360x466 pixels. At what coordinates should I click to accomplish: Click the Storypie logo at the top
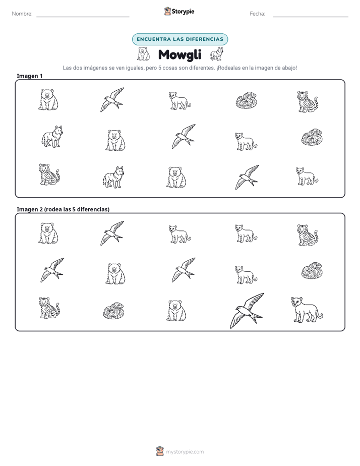179,11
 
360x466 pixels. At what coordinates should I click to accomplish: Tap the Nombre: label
22,14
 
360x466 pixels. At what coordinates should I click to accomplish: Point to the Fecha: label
257,14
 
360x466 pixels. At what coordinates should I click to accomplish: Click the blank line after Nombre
83,17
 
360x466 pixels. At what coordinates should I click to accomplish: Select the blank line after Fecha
311,17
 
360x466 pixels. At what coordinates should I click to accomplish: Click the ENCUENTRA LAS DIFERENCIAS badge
180,39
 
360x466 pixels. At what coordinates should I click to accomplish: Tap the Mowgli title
179,54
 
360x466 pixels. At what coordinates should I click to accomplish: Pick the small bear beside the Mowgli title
144,54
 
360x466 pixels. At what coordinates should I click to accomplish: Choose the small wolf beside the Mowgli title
216,54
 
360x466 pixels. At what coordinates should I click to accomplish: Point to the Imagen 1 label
30,76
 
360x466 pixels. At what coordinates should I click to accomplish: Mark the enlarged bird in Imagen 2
247,311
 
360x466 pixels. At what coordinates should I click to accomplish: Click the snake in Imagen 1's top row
246,100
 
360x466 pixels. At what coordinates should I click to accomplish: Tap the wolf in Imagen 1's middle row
52,136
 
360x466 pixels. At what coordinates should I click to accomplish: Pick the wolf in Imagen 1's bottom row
113,177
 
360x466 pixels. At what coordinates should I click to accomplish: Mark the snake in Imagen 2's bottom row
114,311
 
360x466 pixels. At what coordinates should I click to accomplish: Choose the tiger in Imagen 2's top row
308,235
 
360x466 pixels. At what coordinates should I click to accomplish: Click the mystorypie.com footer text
185,452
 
